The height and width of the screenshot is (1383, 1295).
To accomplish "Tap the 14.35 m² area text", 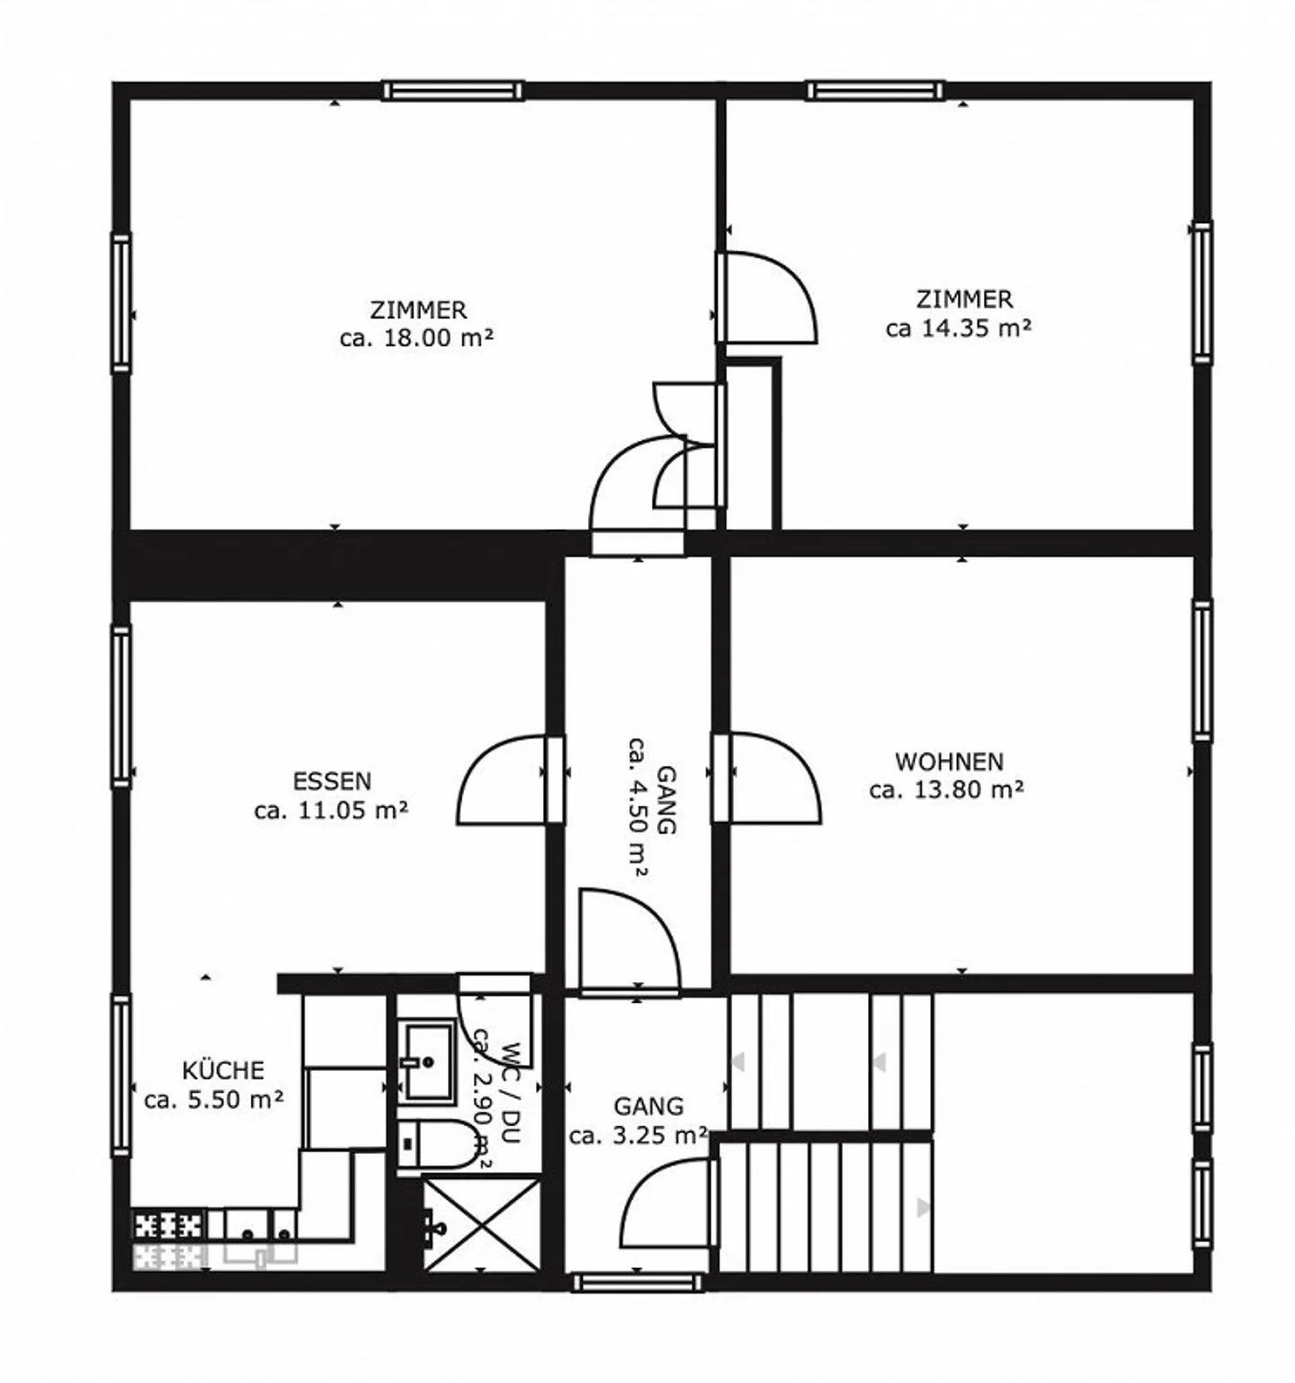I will point(959,328).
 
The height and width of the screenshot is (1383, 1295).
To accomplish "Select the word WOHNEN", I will point(949,762).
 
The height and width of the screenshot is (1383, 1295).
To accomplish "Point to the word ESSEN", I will point(332,781).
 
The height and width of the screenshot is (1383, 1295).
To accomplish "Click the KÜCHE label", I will point(223,1071).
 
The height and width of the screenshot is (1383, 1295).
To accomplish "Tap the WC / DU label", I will point(511,1093).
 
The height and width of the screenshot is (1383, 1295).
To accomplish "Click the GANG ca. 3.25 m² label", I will point(638,1120).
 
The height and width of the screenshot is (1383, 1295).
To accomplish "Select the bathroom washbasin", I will point(425,1061).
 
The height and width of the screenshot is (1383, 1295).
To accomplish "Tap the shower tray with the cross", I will point(480,1224).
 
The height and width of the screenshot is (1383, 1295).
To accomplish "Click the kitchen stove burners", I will point(168,1226).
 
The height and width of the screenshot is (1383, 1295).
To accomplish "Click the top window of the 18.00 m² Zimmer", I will point(452,91).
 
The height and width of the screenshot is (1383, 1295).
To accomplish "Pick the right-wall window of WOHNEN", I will point(1201,669).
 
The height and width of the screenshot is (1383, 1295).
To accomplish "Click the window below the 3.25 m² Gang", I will point(638,1282).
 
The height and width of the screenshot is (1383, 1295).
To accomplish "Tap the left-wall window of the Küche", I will point(121,1075).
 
